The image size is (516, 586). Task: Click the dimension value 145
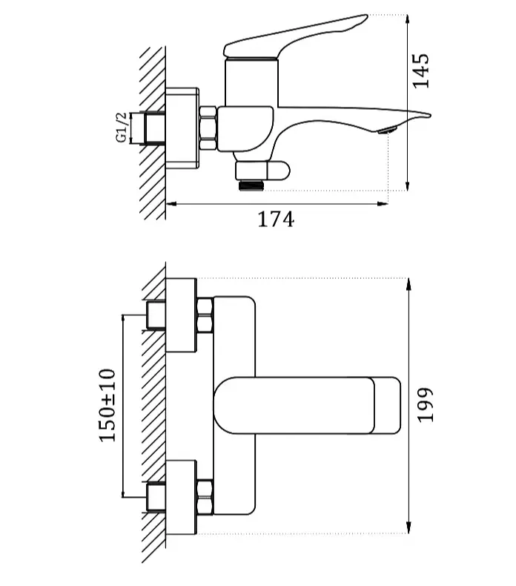[x=421, y=70]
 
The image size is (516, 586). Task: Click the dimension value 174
[x=276, y=220]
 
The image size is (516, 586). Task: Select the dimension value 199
[x=425, y=404]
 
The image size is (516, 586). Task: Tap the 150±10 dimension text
[x=108, y=404]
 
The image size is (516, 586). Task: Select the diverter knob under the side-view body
[x=275, y=172]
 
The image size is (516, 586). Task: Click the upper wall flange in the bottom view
[x=181, y=315]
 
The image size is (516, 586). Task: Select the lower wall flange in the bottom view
[x=181, y=496]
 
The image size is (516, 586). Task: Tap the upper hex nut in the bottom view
[x=205, y=315]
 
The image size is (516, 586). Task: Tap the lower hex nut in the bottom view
[x=205, y=496]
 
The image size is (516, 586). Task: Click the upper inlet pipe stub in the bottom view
[x=156, y=315]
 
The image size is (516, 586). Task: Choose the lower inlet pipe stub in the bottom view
[x=156, y=496]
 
